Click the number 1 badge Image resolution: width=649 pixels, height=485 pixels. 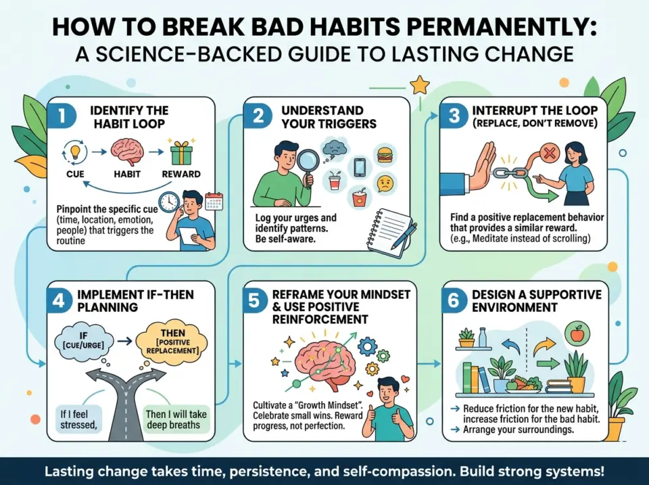(x=62, y=116)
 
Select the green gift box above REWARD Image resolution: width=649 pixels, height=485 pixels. (x=181, y=152)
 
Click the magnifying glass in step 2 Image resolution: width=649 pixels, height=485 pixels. (x=309, y=164)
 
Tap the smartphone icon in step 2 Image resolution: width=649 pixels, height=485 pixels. (x=359, y=167)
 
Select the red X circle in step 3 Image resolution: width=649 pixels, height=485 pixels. (x=548, y=154)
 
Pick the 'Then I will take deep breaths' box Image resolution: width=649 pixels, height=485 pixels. (x=176, y=419)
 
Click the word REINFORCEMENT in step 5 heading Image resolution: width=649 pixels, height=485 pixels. (x=320, y=319)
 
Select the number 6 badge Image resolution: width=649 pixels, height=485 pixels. (x=454, y=300)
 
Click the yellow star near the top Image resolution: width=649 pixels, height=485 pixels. (x=420, y=85)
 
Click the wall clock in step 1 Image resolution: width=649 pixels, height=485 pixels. (x=170, y=202)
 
